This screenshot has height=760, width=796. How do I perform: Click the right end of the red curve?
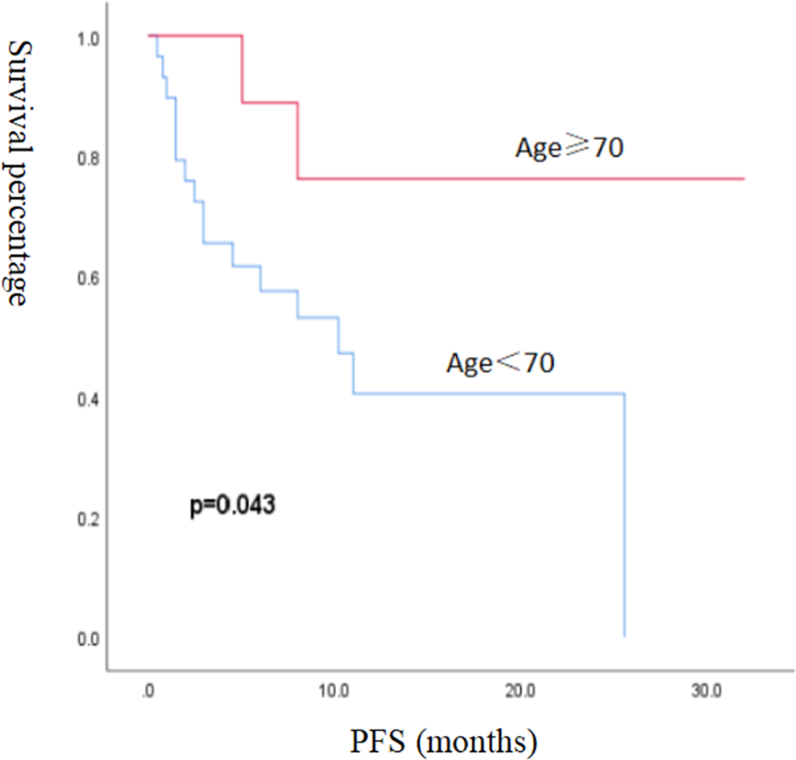pyautogui.click(x=744, y=179)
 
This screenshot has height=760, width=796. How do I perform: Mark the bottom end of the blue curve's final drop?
pyautogui.click(x=624, y=635)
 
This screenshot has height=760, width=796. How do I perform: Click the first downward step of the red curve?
pyautogui.click(x=243, y=69)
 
